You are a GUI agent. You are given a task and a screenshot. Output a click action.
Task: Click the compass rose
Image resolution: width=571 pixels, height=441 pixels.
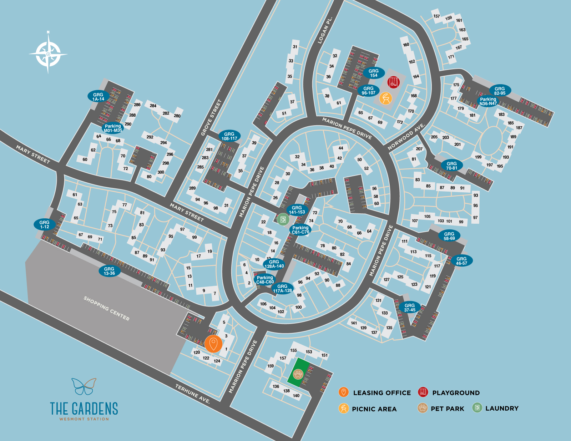click(48, 54)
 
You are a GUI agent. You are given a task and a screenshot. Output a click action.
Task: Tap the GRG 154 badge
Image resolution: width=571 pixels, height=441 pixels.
click(373, 73)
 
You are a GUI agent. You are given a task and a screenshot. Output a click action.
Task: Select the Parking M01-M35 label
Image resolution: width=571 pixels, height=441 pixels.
click(113, 128)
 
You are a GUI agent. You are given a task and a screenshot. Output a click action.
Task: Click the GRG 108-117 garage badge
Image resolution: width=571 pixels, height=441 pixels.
click(229, 136)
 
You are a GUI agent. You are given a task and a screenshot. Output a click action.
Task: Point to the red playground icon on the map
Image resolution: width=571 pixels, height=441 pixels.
click(393, 82)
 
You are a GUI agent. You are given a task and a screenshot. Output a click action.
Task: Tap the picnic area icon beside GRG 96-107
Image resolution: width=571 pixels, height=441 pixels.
click(385, 98)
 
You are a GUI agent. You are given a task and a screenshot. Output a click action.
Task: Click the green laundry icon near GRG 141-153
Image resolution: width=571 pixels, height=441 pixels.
click(283, 219)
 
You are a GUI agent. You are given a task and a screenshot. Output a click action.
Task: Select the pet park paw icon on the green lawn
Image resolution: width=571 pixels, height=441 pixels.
click(298, 374)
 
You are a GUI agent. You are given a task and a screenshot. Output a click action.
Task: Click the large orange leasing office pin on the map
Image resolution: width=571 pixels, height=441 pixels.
click(213, 344)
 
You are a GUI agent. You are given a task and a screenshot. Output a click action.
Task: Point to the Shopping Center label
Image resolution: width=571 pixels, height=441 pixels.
click(106, 308)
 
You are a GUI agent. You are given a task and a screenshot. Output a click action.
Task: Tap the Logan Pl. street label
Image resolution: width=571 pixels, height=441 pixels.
click(325, 30)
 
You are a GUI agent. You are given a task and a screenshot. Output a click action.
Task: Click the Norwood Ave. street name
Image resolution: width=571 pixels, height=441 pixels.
click(406, 137)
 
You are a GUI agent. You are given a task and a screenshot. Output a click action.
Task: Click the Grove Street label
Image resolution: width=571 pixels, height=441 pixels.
click(211, 117)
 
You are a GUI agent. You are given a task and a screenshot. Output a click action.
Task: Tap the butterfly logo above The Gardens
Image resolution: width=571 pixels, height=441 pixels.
click(84, 386)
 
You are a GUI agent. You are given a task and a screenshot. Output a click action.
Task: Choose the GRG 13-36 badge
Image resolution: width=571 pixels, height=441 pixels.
click(109, 271)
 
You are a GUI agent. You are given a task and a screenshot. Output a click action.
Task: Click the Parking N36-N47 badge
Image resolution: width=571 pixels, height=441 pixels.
click(488, 101)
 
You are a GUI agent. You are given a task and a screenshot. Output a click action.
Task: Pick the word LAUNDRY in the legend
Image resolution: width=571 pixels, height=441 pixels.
click(502, 408)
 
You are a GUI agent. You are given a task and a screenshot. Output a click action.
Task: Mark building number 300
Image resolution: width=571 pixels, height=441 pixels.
click(161, 172)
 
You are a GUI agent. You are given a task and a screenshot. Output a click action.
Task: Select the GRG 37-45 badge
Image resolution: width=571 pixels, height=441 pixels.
click(409, 307)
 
